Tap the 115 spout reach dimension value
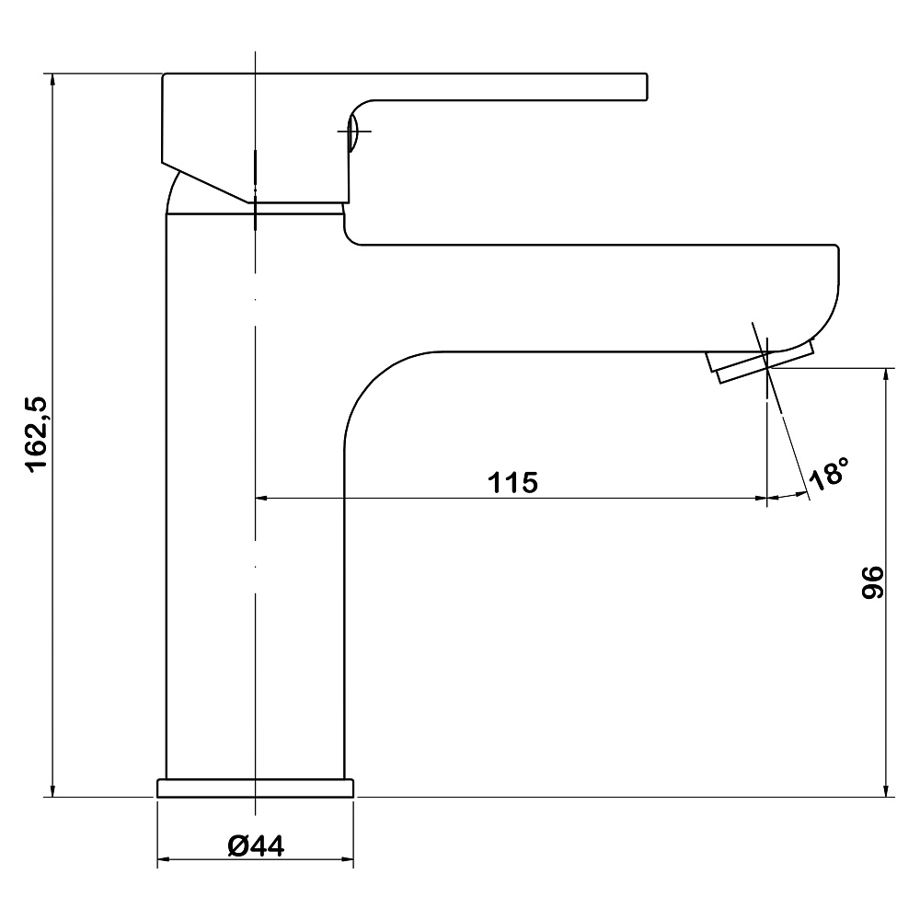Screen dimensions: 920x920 [x=512, y=482]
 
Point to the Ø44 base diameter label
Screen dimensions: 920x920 [x=255, y=845]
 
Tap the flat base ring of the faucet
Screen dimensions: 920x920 [x=255, y=788]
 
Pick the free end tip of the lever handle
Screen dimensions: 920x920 [x=644, y=86]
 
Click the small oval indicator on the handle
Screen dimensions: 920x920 [x=353, y=132]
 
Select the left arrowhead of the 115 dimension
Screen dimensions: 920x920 [x=260, y=499]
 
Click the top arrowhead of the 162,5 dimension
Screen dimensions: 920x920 [x=53, y=79]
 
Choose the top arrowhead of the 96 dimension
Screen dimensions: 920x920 [x=887, y=374]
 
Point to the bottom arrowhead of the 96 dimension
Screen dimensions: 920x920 [x=887, y=790]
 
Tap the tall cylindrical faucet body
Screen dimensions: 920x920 [x=212, y=497]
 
